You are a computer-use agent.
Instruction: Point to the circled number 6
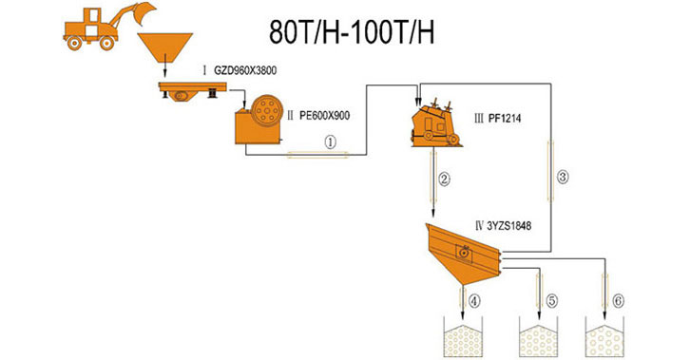(619, 301)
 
